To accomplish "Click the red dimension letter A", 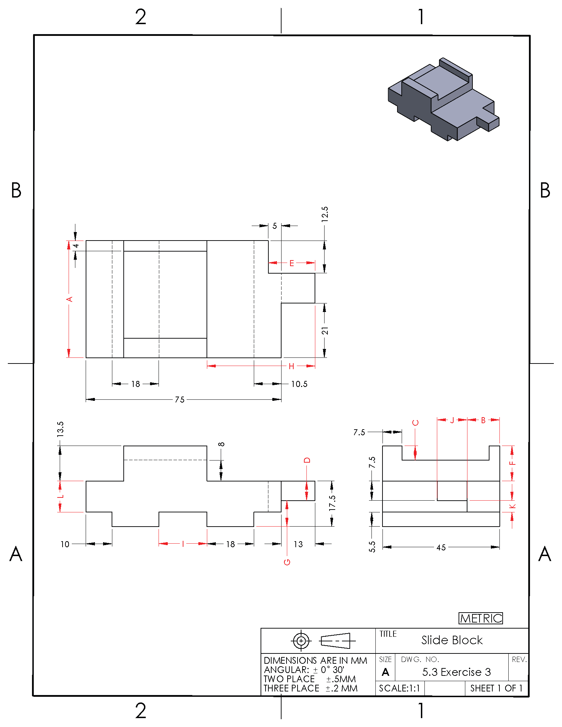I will [x=70, y=299].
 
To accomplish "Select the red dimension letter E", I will [x=291, y=263].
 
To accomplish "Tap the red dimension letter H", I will [x=291, y=366].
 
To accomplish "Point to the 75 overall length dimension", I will [x=180, y=399].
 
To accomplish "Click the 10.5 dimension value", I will [x=299, y=384].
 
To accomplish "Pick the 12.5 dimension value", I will [x=325, y=214].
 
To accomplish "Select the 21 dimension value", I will [x=325, y=331].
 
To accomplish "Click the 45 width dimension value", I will [x=441, y=547].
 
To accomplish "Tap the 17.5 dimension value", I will [x=332, y=503].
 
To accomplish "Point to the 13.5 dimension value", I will [x=60, y=429].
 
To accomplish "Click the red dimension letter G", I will [x=287, y=562].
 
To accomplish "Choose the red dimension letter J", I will [x=452, y=420].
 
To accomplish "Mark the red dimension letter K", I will [x=512, y=506].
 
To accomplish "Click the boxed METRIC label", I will [x=481, y=618].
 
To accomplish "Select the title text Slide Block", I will [x=452, y=640].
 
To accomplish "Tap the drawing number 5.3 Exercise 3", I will [x=456, y=672].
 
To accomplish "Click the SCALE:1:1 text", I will [x=400, y=688].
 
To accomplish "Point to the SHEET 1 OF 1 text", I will [x=496, y=688].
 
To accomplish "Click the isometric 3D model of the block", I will [x=443, y=99].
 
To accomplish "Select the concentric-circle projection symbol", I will [x=301, y=641].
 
